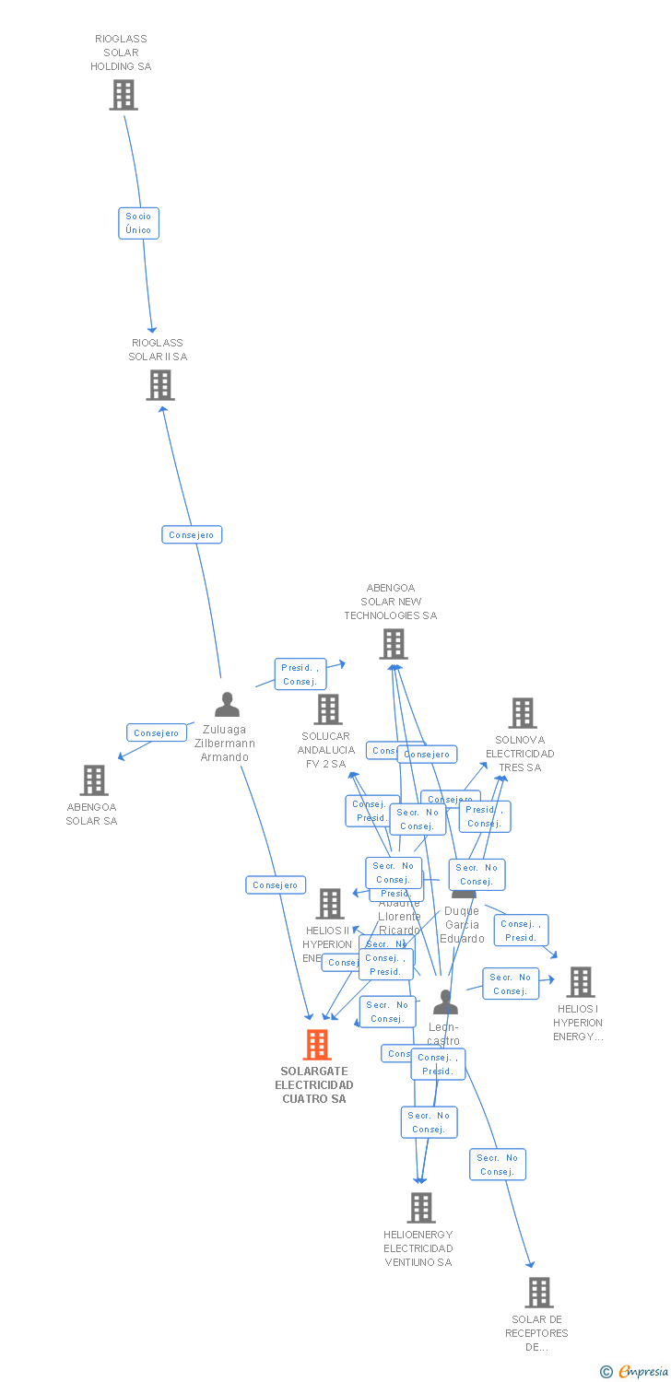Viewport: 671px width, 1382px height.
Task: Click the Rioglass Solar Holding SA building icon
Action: [x=124, y=95]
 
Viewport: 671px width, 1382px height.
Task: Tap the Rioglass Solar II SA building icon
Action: [x=160, y=385]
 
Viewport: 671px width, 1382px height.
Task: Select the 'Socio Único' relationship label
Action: [x=138, y=223]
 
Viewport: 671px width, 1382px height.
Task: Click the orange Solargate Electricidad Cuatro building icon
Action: [x=317, y=1045]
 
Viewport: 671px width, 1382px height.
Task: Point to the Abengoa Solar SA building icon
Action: [x=93, y=780]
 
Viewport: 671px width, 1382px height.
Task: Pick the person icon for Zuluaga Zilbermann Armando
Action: [x=227, y=705]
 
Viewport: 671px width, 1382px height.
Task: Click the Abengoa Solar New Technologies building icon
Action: [x=394, y=644]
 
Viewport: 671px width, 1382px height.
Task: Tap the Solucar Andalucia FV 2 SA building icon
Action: [x=328, y=709]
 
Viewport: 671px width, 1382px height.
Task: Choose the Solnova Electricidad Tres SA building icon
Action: [x=523, y=713]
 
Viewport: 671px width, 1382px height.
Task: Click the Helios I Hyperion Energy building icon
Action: [x=581, y=982]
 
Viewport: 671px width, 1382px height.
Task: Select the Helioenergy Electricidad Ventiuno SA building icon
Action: [x=421, y=1207]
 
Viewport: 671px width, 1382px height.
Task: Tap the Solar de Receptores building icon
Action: [x=539, y=1293]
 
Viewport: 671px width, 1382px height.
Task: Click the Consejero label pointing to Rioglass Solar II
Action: [x=192, y=534]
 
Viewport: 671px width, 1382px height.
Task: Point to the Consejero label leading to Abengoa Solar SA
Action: [x=157, y=732]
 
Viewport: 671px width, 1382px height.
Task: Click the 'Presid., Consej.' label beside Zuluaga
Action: [x=300, y=674]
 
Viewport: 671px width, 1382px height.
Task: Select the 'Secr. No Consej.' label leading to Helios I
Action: [x=510, y=984]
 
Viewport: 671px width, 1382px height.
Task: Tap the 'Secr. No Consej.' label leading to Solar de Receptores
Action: [x=498, y=1165]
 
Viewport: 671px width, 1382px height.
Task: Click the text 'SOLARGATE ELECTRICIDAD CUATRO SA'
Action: [x=314, y=1085]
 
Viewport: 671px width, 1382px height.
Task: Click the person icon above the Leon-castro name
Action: [x=446, y=1001]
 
